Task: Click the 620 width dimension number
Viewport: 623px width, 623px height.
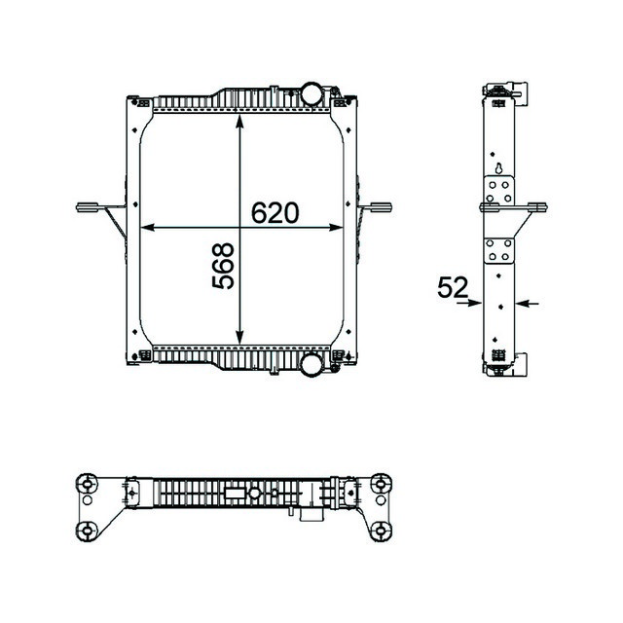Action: point(274,212)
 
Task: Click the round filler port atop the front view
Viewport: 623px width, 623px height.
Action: point(311,94)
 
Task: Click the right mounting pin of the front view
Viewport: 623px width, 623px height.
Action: point(380,205)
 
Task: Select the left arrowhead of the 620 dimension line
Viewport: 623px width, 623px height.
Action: point(147,228)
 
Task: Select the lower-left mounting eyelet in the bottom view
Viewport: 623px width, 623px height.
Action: point(89,530)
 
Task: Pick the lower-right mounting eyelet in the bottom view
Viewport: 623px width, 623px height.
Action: point(380,530)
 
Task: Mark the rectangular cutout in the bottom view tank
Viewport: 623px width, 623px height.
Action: point(236,493)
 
